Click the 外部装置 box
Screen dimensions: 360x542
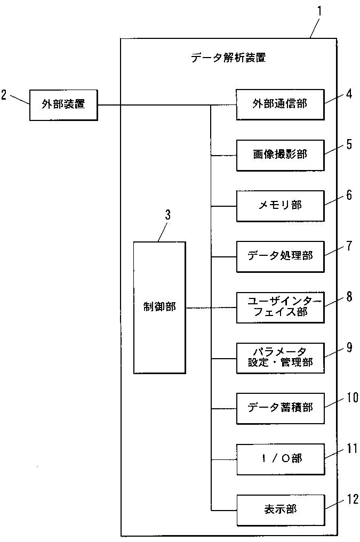pos(63,105)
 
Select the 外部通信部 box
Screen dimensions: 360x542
pos(280,105)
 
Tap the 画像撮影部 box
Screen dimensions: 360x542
pos(280,155)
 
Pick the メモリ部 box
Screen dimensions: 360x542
pos(280,206)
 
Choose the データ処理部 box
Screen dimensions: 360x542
pos(280,256)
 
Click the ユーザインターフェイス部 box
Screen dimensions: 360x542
pos(280,308)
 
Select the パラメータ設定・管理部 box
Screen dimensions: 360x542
pos(280,358)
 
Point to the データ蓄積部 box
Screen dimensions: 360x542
pos(280,409)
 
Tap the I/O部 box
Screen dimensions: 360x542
pos(280,459)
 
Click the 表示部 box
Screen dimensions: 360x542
pos(280,510)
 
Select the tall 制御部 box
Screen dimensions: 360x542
pos(159,308)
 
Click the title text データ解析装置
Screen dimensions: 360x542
pos(229,58)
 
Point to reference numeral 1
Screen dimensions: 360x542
pos(319,11)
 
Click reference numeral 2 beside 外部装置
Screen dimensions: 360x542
pos(4,95)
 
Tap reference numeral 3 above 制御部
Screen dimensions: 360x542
pos(167,215)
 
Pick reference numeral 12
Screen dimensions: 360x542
pos(353,499)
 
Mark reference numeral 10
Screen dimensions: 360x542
pos(353,398)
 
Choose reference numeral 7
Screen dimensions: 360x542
pos(349,246)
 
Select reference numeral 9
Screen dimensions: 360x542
pos(349,347)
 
